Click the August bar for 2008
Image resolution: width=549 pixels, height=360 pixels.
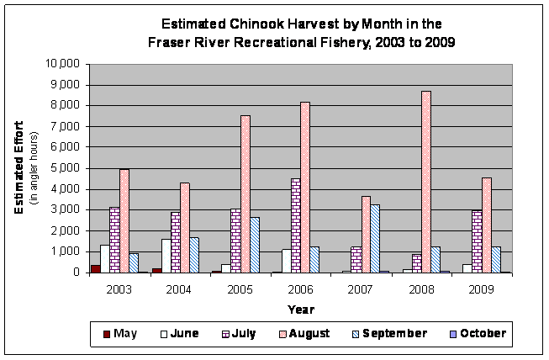pyautogui.click(x=426, y=182)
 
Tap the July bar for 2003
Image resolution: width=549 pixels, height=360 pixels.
pyautogui.click(x=114, y=240)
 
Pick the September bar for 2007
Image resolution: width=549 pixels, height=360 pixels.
pyautogui.click(x=374, y=238)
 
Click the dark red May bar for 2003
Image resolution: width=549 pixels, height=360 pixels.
pyautogui.click(x=95, y=268)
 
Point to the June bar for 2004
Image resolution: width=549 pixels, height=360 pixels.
pyautogui.click(x=166, y=256)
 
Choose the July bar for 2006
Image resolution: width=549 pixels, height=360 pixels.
pyautogui.click(x=295, y=225)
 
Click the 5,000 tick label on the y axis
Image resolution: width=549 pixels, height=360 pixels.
pyautogui.click(x=66, y=168)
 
